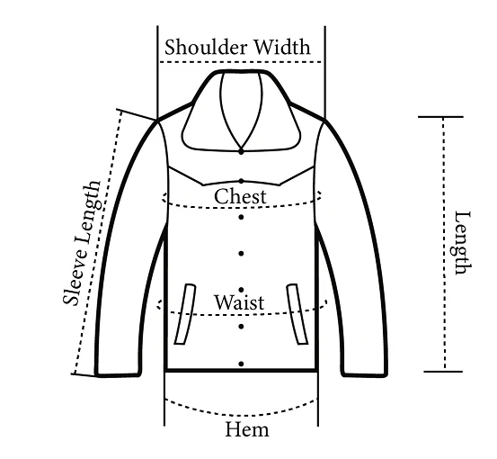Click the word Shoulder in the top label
[x=206, y=47]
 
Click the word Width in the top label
[x=282, y=47]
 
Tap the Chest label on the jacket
[x=240, y=196]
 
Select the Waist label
[x=239, y=302]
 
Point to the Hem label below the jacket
[x=247, y=429]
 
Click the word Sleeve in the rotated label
[x=75, y=277]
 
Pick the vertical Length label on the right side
[x=462, y=243]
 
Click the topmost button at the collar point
[x=241, y=152]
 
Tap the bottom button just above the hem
[x=241, y=364]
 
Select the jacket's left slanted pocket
[x=185, y=314]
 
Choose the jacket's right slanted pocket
[x=297, y=314]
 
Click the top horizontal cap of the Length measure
[x=440, y=117]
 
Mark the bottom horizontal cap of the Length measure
[x=443, y=371]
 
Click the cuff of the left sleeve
[x=118, y=374]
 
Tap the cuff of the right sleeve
[x=365, y=374]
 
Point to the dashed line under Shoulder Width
[x=241, y=62]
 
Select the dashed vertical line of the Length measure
[x=444, y=244]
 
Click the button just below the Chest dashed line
[x=241, y=217]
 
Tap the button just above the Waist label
[x=241, y=290]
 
